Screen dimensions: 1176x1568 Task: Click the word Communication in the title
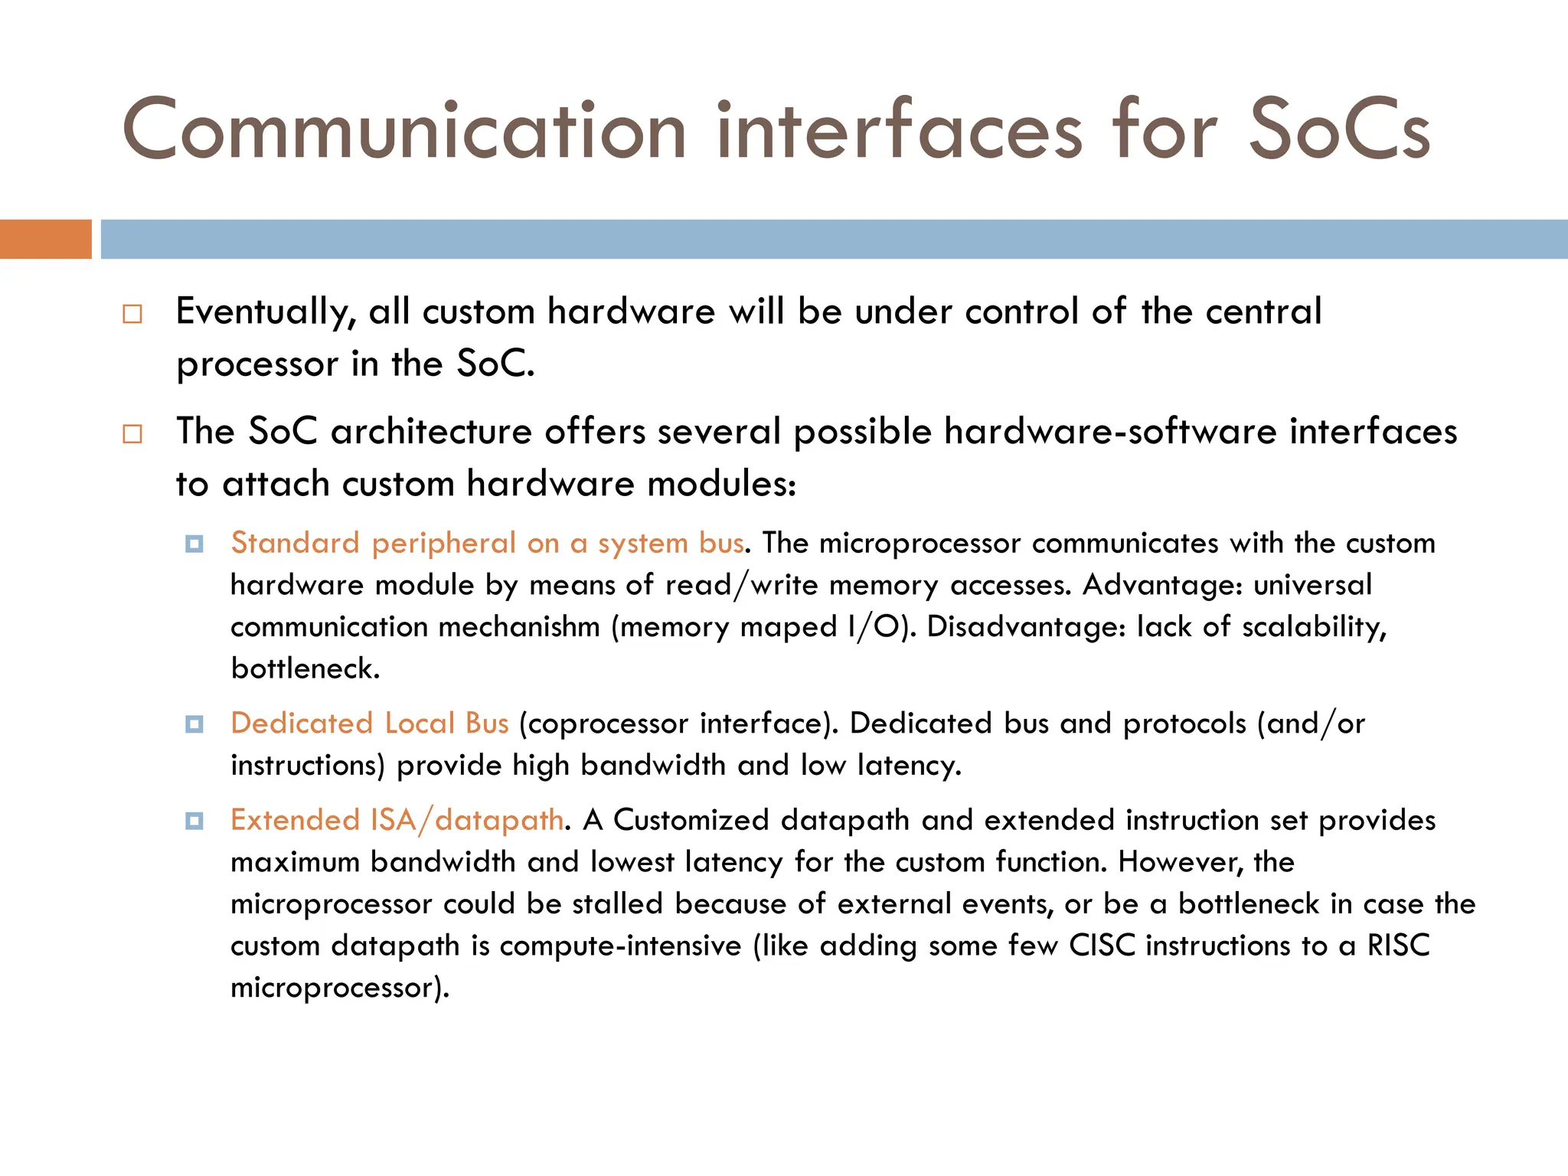point(403,130)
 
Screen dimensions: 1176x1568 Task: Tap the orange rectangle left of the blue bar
point(45,239)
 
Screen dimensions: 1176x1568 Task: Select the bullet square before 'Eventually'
point(132,314)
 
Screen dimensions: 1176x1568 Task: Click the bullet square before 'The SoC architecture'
point(132,434)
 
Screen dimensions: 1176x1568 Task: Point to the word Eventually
point(266,312)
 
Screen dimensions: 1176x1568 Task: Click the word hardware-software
point(1110,431)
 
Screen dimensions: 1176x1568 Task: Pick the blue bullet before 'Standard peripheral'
point(194,544)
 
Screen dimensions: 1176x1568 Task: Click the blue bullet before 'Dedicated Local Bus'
point(194,724)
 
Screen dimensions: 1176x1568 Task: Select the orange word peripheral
point(443,544)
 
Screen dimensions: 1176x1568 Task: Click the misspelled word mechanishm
point(519,627)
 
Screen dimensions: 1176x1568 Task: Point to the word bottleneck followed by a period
point(305,669)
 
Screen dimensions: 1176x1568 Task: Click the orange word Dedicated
point(302,724)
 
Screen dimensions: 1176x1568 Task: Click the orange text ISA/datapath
point(467,821)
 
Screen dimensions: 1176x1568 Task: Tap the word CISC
point(1102,946)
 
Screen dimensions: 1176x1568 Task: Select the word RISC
point(1398,946)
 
